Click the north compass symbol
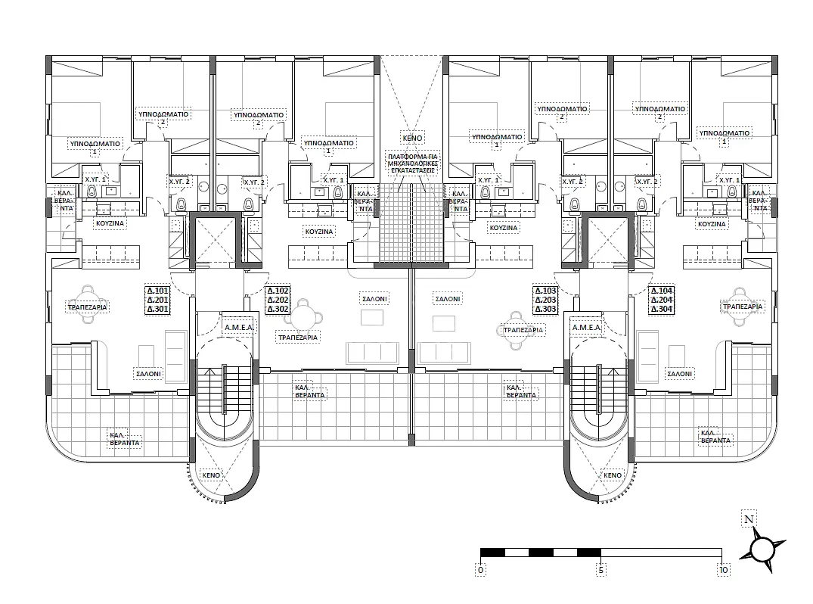point(762,549)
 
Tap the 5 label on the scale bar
point(601,570)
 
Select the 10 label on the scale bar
point(723,570)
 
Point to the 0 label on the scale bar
point(481,570)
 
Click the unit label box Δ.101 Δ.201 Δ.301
point(157,300)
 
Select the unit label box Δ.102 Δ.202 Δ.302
point(278,300)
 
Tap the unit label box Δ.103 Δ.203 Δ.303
point(545,300)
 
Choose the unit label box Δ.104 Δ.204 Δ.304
point(662,300)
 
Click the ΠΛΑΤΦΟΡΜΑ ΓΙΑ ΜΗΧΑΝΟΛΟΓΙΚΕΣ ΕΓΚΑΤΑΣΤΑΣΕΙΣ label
point(413,163)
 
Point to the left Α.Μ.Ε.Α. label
point(238,328)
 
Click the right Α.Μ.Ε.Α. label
point(586,328)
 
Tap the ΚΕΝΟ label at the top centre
point(413,138)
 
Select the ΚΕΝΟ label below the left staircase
point(211,475)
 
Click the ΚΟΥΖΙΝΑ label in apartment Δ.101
point(110,223)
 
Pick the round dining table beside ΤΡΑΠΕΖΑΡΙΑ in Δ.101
point(88,304)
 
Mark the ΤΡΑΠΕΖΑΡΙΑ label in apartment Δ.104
point(743,307)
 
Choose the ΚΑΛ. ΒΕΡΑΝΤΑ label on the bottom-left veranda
point(125,438)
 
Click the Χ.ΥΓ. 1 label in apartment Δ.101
point(95,179)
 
